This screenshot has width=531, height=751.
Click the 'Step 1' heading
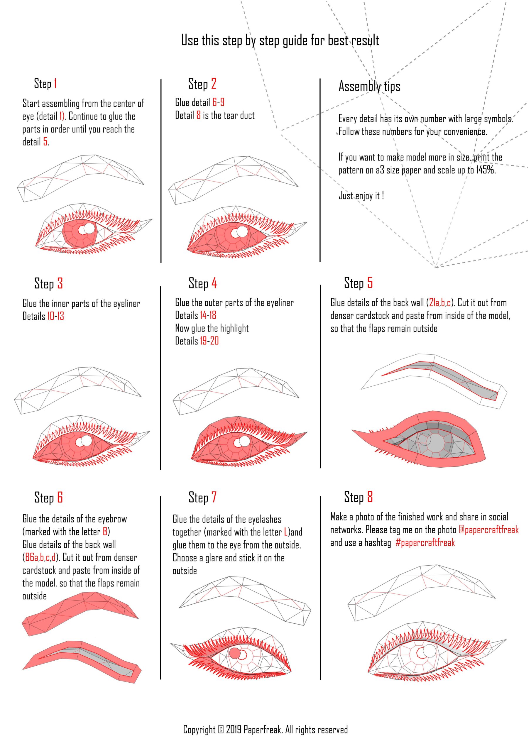(45, 83)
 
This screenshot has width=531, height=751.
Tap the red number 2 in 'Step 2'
(214, 84)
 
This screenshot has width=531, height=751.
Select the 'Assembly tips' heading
(369, 86)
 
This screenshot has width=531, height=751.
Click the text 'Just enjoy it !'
(361, 196)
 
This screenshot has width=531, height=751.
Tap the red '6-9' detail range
(218, 102)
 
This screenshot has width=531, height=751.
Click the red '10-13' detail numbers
(56, 316)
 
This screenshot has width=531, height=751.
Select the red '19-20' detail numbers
(209, 341)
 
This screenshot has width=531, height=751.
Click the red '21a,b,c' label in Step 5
(440, 303)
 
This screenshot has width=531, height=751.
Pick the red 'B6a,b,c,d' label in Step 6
(40, 557)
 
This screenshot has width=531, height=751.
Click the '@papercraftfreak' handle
(488, 530)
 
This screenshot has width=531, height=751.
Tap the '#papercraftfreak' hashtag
(425, 543)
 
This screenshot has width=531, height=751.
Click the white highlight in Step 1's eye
(86, 229)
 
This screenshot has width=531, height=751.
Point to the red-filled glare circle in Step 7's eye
(235, 653)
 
